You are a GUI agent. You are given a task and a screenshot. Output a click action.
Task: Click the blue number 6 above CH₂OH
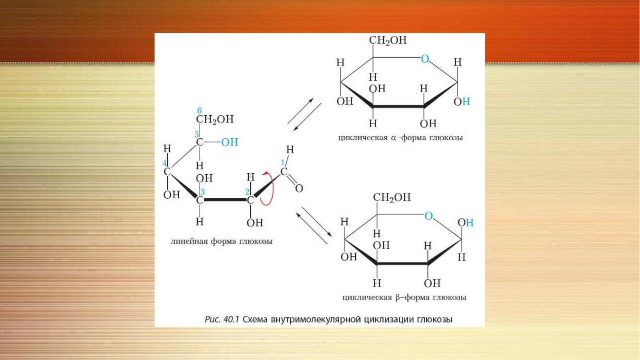pos(200,110)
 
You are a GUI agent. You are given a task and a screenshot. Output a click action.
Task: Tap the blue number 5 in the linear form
pos(197,134)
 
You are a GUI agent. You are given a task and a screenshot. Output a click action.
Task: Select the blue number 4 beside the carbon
pos(165,163)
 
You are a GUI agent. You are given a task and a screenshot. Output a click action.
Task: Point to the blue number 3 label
pos(202,192)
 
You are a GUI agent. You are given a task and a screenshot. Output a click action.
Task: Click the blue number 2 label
pos(248,192)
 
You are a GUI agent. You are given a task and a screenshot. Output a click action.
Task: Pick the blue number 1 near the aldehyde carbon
pos(283,162)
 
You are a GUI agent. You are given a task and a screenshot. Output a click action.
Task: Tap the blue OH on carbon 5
pos(230,142)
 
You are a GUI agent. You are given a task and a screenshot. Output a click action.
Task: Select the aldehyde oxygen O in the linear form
pos(299,189)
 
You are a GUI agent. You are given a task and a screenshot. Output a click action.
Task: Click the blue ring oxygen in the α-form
pos(425,59)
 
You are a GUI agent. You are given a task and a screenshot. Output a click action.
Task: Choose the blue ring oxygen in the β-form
pos(428,216)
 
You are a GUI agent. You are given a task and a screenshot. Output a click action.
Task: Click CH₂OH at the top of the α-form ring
pos(388,40)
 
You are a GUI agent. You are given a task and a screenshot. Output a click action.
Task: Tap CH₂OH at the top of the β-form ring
pos(391,197)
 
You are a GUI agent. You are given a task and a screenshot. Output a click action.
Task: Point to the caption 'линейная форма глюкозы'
pos(222,241)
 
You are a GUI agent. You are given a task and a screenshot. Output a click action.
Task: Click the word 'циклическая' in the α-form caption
pos(363,138)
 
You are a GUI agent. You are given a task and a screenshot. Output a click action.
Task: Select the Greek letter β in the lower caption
pos(398,298)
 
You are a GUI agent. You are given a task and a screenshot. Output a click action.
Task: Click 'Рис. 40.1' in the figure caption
pos(222,319)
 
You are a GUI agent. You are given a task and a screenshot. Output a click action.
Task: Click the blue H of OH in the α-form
pos(466,101)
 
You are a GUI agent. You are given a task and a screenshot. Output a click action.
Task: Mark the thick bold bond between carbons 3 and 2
pos(225,200)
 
